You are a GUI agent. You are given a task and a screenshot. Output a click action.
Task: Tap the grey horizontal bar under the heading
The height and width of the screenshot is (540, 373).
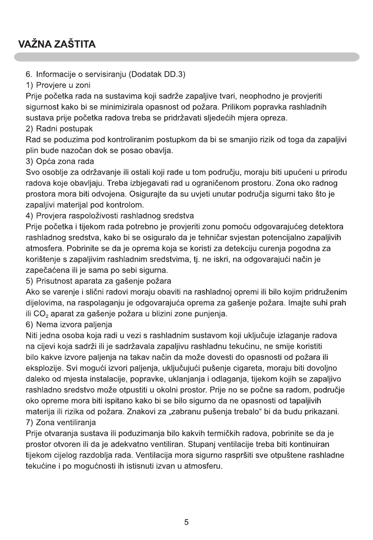(186, 57)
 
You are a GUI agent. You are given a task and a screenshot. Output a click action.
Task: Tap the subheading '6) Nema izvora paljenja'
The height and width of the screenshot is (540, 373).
(69, 325)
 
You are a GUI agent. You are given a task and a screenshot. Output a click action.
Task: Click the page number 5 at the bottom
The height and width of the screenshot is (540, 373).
(186, 522)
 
